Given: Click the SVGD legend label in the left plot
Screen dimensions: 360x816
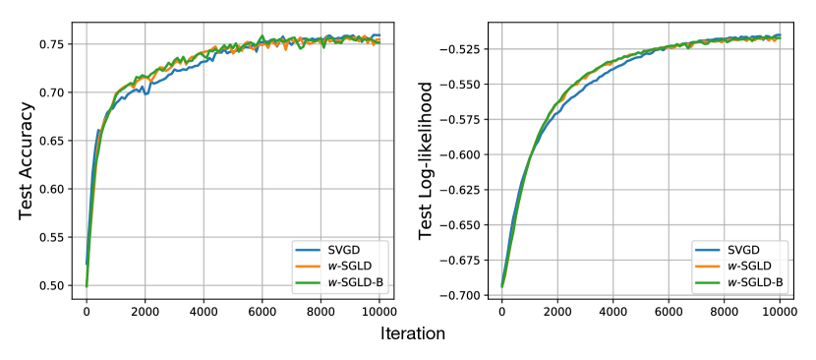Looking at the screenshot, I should [342, 249].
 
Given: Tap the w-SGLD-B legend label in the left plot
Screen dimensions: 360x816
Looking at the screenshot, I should [357, 284].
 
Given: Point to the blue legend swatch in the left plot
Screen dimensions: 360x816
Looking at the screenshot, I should [309, 249].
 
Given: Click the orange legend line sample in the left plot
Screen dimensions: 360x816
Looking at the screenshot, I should [309, 267].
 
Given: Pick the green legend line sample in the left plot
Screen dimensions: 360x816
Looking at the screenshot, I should [309, 284].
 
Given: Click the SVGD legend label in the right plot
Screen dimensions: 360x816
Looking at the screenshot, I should [742, 249].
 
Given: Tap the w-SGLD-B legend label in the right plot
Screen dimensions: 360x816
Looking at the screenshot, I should [757, 283].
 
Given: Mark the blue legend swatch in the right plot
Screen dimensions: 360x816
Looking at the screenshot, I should [709, 249].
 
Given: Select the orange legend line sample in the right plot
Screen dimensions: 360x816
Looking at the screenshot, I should [709, 267].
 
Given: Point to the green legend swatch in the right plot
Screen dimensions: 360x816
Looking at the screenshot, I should [709, 283].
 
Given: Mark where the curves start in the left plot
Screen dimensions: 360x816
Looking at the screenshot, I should [87, 286].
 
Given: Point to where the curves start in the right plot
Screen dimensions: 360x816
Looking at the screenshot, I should [501, 291].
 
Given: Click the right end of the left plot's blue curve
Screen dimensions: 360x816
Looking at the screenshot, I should [379, 36].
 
